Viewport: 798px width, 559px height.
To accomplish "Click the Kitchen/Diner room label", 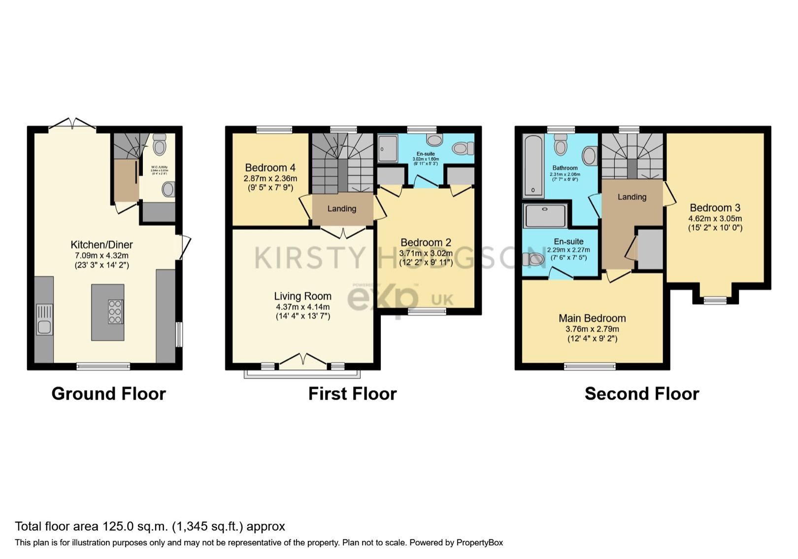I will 101,245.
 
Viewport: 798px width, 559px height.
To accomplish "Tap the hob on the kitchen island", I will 115,312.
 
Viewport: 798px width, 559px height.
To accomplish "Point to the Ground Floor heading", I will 108,394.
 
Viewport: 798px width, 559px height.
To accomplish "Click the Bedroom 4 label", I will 270,168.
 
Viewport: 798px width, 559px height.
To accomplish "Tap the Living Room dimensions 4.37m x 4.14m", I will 302,307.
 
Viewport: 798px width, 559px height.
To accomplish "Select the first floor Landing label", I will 342,209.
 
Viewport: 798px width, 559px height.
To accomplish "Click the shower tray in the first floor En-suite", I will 388,149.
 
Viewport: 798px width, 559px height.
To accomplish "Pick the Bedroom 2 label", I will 426,243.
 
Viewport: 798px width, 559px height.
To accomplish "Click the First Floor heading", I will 352,394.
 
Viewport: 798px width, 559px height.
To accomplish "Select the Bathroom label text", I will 565,168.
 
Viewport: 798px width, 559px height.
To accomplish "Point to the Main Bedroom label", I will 592,318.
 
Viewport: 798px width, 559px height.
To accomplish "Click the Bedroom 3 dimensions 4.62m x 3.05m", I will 715,218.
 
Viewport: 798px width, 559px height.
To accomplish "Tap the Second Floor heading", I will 641,394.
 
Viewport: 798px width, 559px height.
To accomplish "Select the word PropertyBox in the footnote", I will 479,543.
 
